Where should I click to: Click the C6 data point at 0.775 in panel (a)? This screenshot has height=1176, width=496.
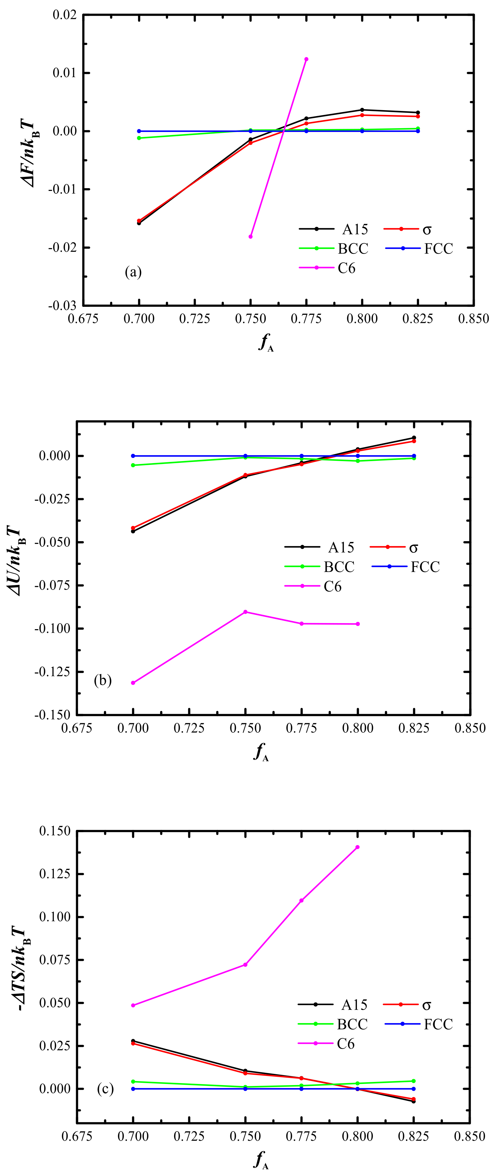(306, 59)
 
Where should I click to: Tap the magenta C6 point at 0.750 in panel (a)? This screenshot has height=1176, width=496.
(250, 237)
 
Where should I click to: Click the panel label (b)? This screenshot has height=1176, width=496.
(103, 681)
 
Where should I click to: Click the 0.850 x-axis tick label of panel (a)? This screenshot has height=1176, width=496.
(473, 319)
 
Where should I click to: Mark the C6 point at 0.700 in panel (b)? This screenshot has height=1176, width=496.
(133, 683)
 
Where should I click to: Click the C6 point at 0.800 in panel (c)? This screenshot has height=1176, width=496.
(358, 847)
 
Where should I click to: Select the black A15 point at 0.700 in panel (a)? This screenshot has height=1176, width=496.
(139, 223)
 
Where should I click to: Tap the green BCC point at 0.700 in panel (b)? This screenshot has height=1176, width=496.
(133, 465)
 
